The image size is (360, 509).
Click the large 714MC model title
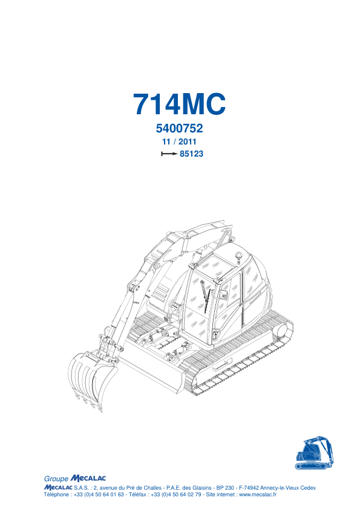(x=179, y=104)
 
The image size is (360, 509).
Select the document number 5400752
(x=179, y=128)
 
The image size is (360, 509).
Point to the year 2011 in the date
(x=188, y=142)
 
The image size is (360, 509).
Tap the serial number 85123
(x=192, y=154)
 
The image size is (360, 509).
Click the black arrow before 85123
(x=169, y=154)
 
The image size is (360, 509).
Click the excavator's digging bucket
(x=92, y=379)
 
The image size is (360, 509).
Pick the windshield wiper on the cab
(x=205, y=296)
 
